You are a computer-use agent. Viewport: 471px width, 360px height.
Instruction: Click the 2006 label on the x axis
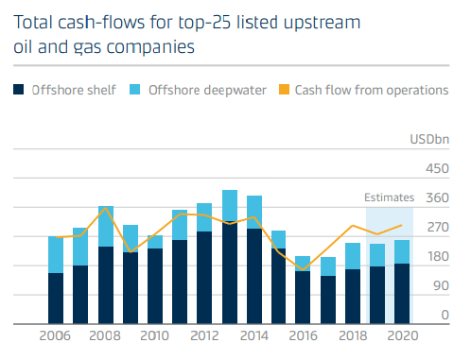pos(55,335)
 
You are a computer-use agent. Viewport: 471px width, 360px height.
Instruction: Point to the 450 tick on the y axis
pos(437,169)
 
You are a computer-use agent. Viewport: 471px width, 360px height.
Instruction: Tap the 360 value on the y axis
pos(437,198)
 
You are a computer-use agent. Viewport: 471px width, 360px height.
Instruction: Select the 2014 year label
pos(254,335)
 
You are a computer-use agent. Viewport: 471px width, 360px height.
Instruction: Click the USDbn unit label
pos(429,140)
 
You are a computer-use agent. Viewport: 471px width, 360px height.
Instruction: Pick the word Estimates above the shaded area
pos(389,197)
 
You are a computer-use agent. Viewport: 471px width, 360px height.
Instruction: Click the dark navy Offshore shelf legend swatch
pos(19,90)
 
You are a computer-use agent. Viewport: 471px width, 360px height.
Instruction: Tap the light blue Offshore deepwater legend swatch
pos(135,90)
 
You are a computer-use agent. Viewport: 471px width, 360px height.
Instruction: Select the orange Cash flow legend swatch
pos(284,90)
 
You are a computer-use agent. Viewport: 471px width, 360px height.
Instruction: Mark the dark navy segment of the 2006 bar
pos(56,299)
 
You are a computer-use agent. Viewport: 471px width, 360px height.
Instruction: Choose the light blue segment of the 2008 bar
pos(106,227)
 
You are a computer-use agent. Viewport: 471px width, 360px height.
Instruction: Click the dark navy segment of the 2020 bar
pos(402,294)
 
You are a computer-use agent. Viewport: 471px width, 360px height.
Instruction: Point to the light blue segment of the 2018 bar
pos(353,256)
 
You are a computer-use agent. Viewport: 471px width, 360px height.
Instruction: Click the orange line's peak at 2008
pos(106,208)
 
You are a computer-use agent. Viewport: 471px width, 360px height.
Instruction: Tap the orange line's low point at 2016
pos(303,270)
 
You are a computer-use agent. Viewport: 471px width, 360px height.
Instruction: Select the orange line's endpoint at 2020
pos(402,225)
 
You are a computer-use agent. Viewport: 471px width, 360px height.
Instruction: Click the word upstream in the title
pos(322,24)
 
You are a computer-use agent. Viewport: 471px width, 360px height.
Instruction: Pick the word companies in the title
pos(150,48)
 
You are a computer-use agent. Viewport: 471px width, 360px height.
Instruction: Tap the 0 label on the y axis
pos(445,315)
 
